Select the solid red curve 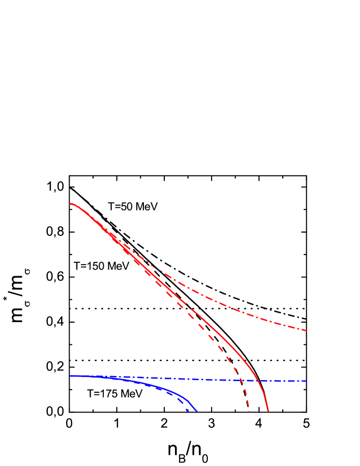point(214,329)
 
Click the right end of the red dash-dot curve point(306,330)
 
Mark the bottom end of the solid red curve point(268,411)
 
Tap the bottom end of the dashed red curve point(250,411)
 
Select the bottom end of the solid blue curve point(197,411)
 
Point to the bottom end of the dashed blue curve point(188,411)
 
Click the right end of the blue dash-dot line point(306,381)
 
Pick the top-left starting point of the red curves point(70,204)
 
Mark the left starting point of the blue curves point(70,376)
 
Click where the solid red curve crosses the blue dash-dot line point(258,380)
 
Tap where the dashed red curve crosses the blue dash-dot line point(241,380)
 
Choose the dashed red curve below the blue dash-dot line point(246,396)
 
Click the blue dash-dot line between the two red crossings point(249,380)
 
